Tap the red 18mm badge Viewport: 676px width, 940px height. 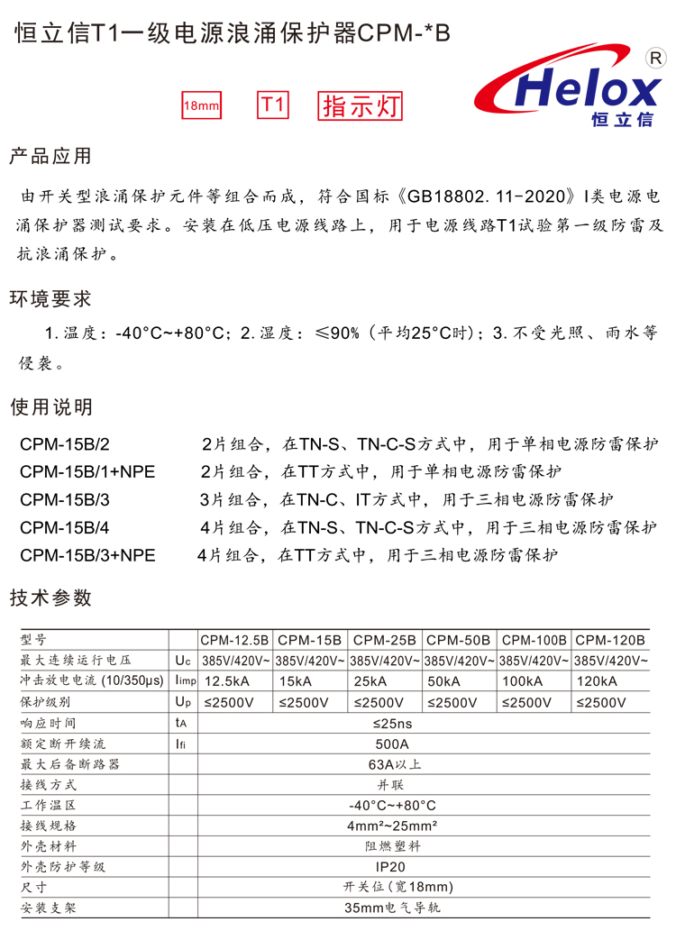[202, 106]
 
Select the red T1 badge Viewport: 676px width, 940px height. [273, 105]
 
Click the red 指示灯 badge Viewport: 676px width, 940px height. [361, 106]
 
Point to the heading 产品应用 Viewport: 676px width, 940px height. [50, 156]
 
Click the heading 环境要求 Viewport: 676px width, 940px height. [50, 298]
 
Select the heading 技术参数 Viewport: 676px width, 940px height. [50, 597]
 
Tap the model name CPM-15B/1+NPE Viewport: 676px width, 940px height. [87, 471]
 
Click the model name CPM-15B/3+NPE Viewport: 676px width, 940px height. [87, 555]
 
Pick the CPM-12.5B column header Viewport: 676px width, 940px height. [234, 640]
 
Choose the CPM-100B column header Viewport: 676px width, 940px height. [534, 640]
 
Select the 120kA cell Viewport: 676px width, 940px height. [597, 681]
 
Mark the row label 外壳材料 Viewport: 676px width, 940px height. [49, 846]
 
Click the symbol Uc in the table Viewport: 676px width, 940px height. [183, 661]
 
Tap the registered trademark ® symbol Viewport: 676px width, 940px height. [656, 58]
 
